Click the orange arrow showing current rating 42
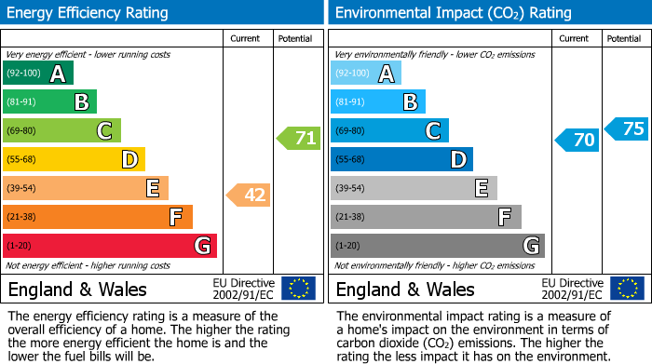248,195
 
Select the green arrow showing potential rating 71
298,139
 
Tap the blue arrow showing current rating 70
577,141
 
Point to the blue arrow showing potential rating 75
626,128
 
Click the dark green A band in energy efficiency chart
38,74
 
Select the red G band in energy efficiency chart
110,246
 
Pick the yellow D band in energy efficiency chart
74,160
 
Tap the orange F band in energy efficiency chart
98,217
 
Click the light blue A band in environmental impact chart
366,74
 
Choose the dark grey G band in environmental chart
438,246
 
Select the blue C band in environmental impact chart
389,131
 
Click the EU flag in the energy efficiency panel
299,289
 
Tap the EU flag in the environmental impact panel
627,289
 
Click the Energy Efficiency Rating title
88,13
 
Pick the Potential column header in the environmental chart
624,38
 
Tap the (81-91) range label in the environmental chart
351,102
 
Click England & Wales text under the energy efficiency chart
77,290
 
